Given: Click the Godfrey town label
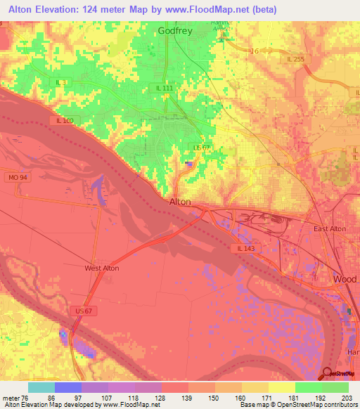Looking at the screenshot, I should tap(174, 31).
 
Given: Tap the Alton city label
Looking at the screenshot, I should tap(180, 202).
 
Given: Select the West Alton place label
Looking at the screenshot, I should tap(101, 268).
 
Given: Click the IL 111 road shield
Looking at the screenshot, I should tap(165, 87).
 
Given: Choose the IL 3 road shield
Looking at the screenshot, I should tap(63, 83).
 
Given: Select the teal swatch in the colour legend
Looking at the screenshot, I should tap(41, 387).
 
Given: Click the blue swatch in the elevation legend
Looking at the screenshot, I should tap(67, 387).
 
